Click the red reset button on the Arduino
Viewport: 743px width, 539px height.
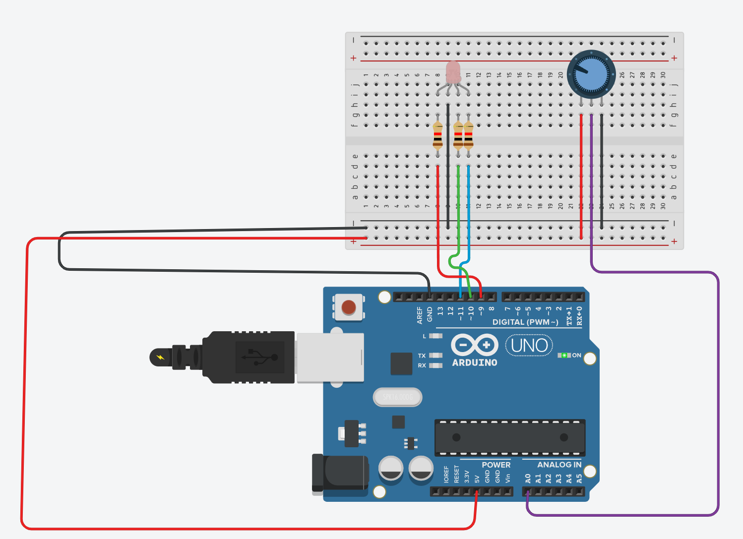point(349,307)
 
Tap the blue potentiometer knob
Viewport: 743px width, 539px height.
point(591,74)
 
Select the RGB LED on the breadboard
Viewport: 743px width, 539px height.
point(453,73)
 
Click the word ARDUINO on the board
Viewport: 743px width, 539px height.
point(475,362)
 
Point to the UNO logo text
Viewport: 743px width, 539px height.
point(529,345)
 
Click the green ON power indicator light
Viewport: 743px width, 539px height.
point(564,355)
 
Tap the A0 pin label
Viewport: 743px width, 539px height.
point(528,478)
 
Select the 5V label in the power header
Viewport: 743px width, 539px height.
point(477,479)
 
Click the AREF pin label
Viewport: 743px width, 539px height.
point(420,315)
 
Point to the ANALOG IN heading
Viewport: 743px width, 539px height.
point(559,465)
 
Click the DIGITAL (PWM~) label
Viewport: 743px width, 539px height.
point(525,322)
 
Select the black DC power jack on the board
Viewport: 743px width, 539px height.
point(339,473)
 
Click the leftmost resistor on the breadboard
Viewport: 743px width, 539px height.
point(437,135)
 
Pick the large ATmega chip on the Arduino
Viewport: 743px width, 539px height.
point(510,437)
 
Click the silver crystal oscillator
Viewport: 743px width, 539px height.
point(397,397)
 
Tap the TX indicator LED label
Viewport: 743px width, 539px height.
point(422,356)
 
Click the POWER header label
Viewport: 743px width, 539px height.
point(495,465)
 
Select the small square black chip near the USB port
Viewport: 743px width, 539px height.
point(401,363)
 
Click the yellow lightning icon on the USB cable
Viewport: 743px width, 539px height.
point(160,357)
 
